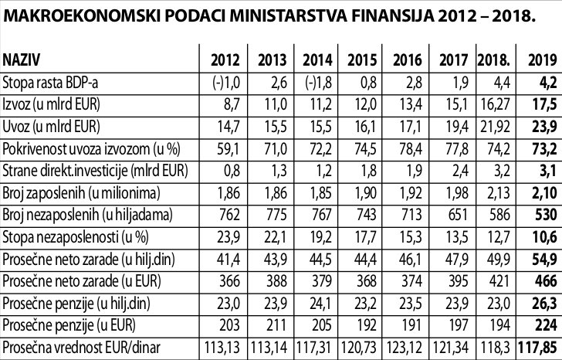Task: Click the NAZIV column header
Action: point(22,60)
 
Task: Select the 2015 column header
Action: point(361,60)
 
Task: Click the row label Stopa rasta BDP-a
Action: point(51,83)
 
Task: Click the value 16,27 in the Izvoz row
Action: point(495,104)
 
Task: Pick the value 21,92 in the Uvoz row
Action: point(495,126)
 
